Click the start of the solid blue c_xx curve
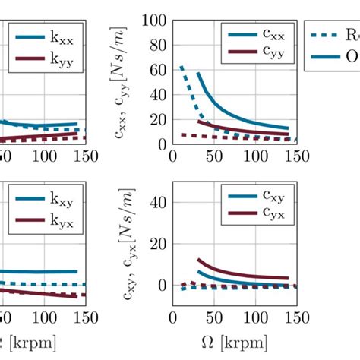198,74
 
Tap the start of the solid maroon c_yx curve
198,260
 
